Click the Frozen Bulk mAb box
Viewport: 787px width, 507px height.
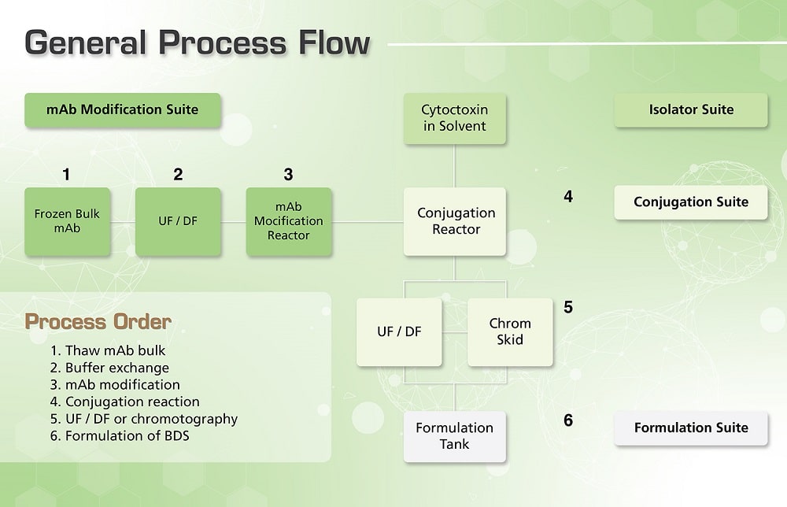(x=67, y=221)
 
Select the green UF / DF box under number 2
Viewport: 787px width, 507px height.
(x=178, y=221)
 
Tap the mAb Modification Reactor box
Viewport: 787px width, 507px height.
(x=288, y=221)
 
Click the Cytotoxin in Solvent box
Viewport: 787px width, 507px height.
(x=454, y=119)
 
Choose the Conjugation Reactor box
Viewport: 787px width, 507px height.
(x=455, y=221)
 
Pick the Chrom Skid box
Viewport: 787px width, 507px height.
(x=510, y=331)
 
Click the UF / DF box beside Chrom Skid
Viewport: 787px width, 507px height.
(x=399, y=331)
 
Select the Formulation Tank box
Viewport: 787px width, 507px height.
(x=454, y=436)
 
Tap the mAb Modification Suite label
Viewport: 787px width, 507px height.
(x=122, y=109)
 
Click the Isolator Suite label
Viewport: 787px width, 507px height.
(x=691, y=110)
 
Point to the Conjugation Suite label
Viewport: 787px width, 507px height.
(x=691, y=202)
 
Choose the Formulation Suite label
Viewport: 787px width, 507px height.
(x=691, y=428)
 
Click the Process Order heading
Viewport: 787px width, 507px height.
(x=98, y=322)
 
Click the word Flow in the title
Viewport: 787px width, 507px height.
(x=324, y=43)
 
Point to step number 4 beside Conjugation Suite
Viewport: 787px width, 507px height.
(x=568, y=196)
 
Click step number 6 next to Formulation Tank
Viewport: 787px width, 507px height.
(x=568, y=420)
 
